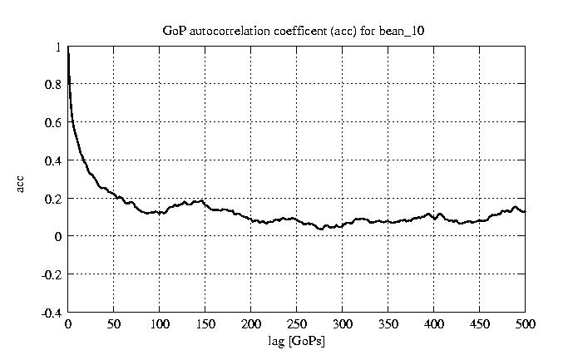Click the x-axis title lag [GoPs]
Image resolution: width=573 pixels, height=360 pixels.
pyautogui.click(x=297, y=341)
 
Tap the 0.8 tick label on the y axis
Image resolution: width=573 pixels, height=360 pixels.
pyautogui.click(x=53, y=84)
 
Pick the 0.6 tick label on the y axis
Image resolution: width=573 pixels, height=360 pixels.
pyautogui.click(x=53, y=122)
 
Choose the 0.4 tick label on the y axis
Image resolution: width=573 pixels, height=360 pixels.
pyautogui.click(x=53, y=160)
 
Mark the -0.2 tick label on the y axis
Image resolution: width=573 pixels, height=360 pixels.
pyautogui.click(x=52, y=274)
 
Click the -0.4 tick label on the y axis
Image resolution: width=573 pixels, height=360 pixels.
pyautogui.click(x=52, y=313)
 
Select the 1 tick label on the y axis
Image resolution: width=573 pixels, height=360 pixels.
pyautogui.click(x=58, y=47)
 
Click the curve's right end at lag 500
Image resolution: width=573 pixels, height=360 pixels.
pyautogui.click(x=525, y=212)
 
